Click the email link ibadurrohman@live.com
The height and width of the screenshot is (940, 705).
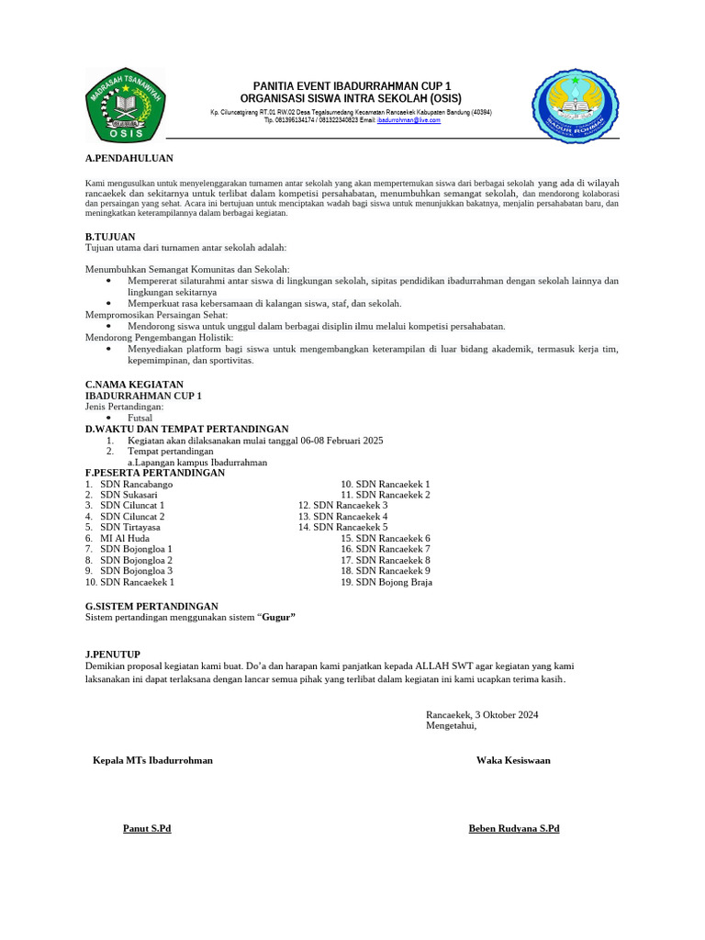coord(408,120)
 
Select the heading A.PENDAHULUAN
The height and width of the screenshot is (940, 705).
coord(129,159)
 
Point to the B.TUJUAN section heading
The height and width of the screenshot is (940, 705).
coord(110,237)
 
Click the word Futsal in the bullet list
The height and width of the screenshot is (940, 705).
coord(140,417)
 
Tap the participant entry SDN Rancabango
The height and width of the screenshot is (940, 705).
coord(136,484)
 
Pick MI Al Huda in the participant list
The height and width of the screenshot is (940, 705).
coord(125,538)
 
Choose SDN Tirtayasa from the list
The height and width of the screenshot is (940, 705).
coord(130,527)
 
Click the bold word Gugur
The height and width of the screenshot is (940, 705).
coord(278,617)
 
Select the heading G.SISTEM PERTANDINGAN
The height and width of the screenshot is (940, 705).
coord(151,606)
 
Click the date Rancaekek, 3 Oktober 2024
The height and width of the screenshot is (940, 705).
coord(482,714)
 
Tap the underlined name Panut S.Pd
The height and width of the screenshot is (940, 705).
coord(147,828)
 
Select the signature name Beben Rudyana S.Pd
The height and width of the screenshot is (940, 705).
coord(514,828)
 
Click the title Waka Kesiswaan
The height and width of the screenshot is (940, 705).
coord(513,760)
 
